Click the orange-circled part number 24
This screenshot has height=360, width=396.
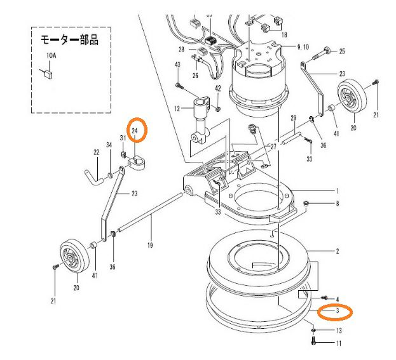[135, 131]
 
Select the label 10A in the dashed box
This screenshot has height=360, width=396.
[50, 57]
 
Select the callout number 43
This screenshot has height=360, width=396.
[177, 65]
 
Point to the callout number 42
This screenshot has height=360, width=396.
[217, 89]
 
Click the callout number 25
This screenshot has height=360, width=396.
[342, 51]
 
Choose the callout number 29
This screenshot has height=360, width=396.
[294, 118]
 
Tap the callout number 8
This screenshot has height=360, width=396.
[338, 204]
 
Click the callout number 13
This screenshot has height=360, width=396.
[339, 331]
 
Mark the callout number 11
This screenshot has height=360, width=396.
[339, 343]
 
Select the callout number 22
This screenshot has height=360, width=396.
[96, 152]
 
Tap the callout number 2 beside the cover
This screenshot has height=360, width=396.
[338, 251]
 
